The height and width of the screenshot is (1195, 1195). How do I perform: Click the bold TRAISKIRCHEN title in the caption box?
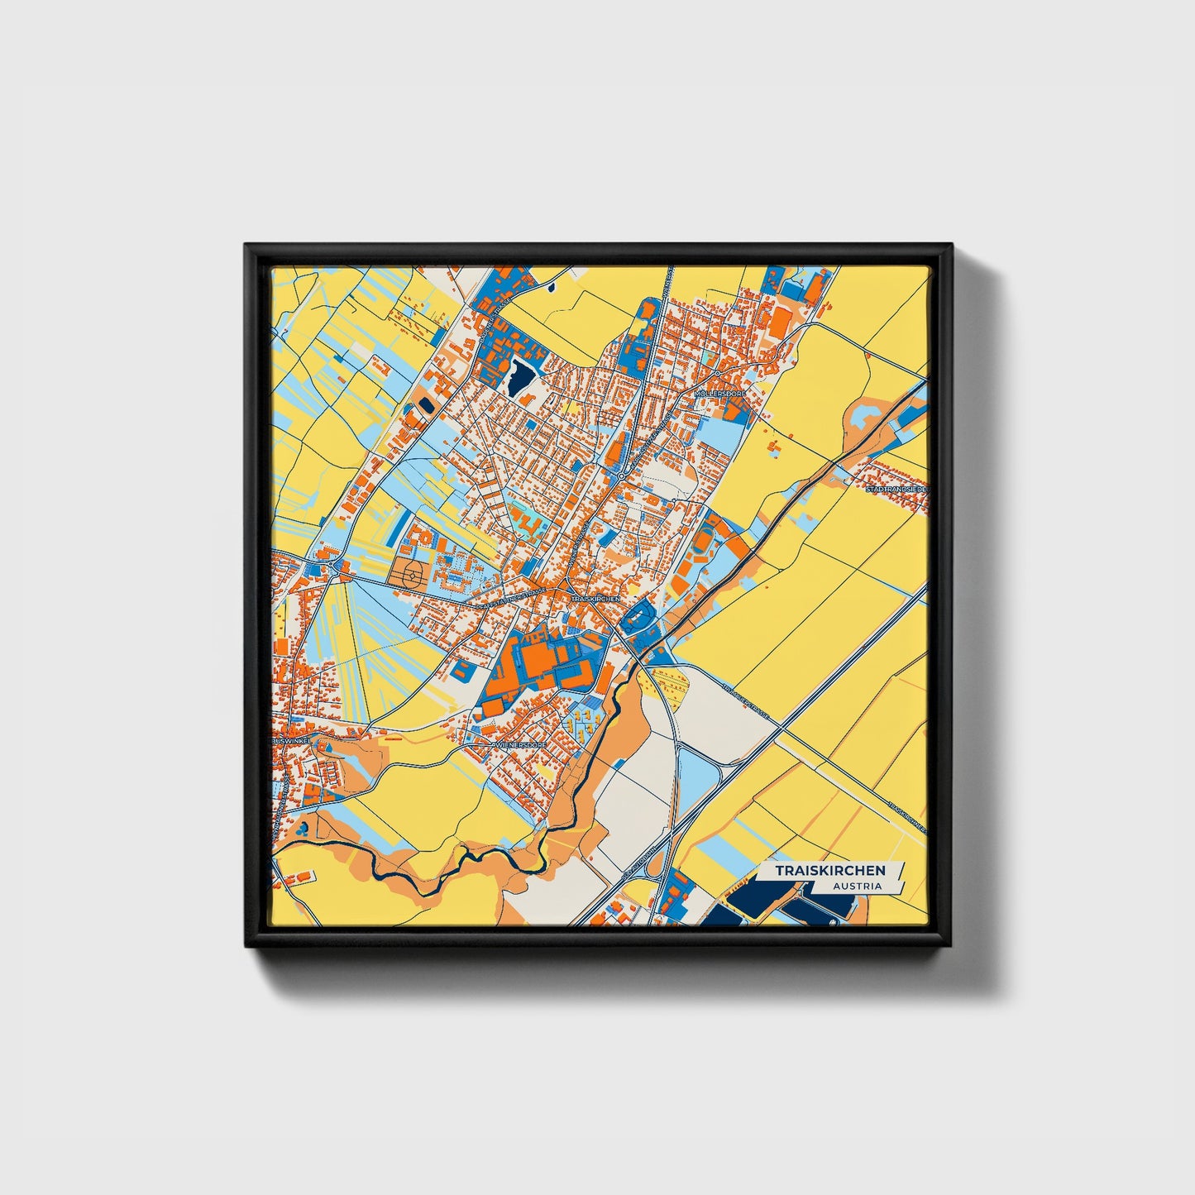829,870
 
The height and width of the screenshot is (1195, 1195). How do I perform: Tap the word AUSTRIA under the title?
857,886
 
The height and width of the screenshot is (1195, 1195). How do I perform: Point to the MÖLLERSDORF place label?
720,394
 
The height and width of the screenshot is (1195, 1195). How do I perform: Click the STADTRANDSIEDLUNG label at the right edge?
896,490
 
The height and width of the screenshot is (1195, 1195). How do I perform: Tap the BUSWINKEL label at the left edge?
290,742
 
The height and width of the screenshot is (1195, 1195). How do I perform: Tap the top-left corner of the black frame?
247,246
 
